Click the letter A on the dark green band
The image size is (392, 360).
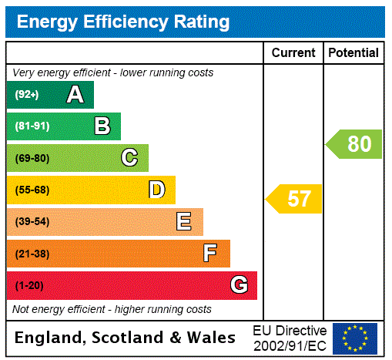tap(75, 95)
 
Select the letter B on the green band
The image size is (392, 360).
tap(102, 126)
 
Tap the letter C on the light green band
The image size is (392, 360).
tap(129, 158)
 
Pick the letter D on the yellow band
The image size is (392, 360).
tap(157, 190)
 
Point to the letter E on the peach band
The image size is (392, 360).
tap(184, 222)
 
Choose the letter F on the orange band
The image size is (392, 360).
tap(210, 254)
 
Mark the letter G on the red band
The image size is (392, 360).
tap(239, 285)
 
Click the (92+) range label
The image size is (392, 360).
tap(26, 95)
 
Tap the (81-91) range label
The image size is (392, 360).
tap(32, 126)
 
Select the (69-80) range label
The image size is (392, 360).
tap(32, 158)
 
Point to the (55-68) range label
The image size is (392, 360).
tap(32, 190)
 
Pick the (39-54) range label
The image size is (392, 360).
tap(32, 222)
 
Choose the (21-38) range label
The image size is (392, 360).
tap(32, 254)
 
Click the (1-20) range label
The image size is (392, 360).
tap(29, 285)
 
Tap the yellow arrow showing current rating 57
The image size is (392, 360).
tap(295, 199)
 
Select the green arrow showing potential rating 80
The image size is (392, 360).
tap(355, 144)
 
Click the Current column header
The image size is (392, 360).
tap(293, 53)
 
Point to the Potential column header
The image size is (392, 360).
tap(353, 53)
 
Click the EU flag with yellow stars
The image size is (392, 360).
tap(355, 338)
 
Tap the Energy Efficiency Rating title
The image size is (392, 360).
tap(123, 22)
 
